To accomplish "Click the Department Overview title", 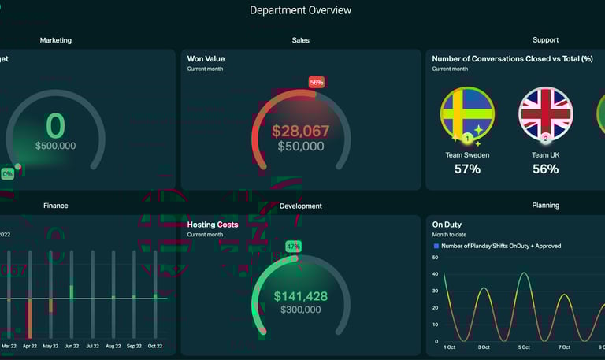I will [x=301, y=10].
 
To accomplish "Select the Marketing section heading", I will [x=55, y=39].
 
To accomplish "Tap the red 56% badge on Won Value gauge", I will [x=316, y=82].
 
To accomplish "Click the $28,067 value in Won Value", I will [x=300, y=132].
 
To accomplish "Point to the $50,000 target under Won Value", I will [x=300, y=147].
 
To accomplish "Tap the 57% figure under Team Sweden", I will [x=467, y=169].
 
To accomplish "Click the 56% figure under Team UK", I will [x=545, y=169].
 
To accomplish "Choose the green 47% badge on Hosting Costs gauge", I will [x=293, y=247].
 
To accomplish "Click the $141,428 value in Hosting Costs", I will [x=300, y=296].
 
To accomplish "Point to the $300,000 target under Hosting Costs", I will [x=300, y=310].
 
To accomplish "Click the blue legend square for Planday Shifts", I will [x=436, y=246].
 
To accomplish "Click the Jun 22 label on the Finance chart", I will [x=72, y=346].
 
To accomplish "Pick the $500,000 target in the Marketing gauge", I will [x=55, y=146].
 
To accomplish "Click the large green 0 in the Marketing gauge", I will [x=55, y=126].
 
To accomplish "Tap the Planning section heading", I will [x=545, y=206].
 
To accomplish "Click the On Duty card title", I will [x=447, y=225].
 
